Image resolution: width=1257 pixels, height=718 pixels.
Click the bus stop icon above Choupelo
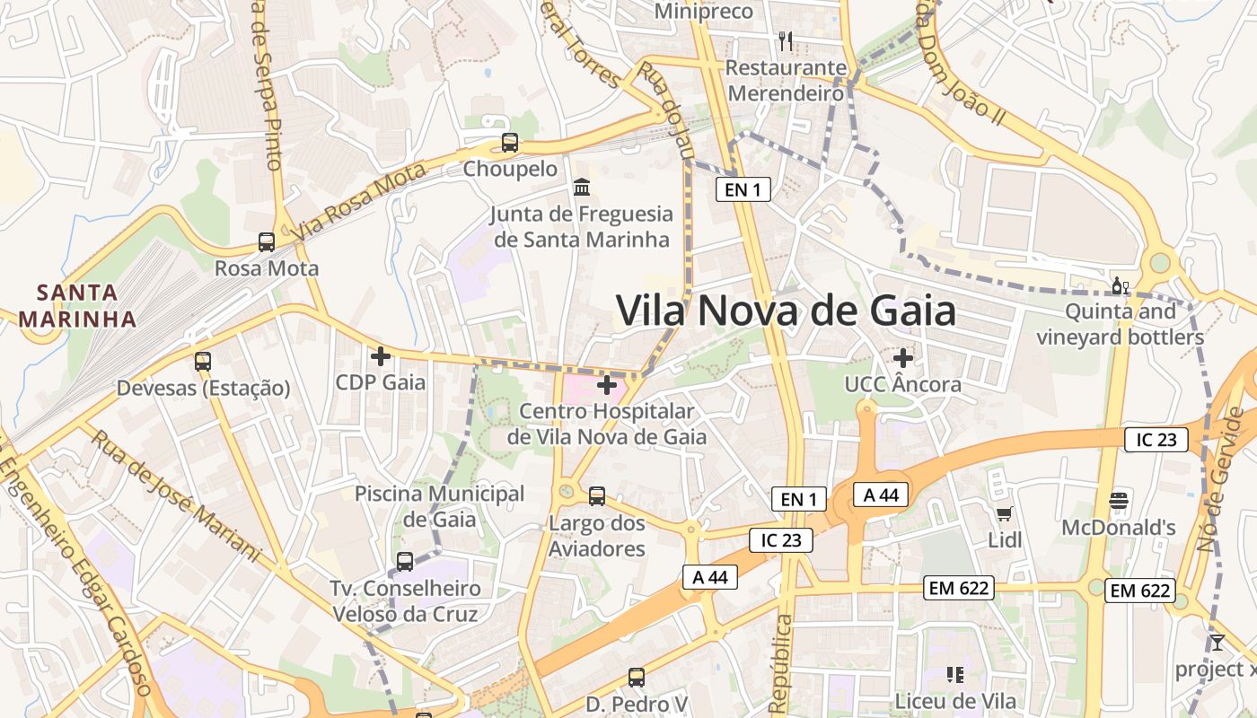510,142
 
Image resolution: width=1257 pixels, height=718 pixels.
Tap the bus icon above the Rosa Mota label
267,241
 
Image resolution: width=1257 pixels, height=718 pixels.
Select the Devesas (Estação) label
203,388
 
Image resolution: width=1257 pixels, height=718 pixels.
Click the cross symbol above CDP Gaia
381,356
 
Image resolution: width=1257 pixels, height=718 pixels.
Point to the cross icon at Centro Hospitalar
607,385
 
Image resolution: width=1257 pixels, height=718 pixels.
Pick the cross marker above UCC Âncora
903,358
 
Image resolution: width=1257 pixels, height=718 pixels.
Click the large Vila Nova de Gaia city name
786,311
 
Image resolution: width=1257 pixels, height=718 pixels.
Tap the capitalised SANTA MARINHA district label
77,305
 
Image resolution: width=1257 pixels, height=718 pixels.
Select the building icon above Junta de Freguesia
582,188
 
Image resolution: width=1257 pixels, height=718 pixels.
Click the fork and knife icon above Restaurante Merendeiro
786,40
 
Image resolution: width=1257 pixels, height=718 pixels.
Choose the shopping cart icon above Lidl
1005,513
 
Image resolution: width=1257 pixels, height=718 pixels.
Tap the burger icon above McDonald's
1119,500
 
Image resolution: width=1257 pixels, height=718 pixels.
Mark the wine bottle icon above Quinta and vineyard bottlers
1120,286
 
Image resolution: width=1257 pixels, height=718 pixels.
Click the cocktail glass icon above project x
1217,642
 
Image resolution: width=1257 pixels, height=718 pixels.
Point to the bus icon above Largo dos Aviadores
597,495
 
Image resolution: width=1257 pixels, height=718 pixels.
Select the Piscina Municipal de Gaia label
439,505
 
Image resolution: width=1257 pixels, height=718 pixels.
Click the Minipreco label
703,12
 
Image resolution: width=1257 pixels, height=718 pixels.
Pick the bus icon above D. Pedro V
637,677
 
